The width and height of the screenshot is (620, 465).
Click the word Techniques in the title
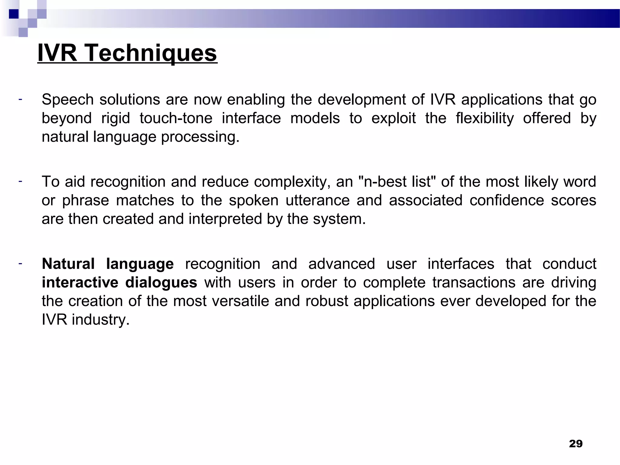pyautogui.click(x=150, y=53)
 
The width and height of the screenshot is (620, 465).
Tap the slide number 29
pyautogui.click(x=575, y=444)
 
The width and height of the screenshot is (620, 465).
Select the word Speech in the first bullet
pyautogui.click(x=68, y=100)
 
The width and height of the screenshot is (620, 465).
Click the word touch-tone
pyautogui.click(x=176, y=118)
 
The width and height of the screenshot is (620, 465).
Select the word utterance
pyautogui.click(x=318, y=200)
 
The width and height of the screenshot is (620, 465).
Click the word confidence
pyautogui.click(x=507, y=200)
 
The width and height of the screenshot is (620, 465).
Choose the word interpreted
pyautogui.click(x=225, y=219)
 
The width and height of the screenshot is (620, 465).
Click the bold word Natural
pyautogui.click(x=68, y=264)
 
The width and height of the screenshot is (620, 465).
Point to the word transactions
pyautogui.click(x=473, y=282)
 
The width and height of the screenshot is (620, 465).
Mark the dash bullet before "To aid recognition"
pyautogui.click(x=20, y=181)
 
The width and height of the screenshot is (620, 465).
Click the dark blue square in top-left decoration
pyautogui.click(x=14, y=14)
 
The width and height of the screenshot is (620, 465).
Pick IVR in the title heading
pyautogui.click(x=57, y=53)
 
